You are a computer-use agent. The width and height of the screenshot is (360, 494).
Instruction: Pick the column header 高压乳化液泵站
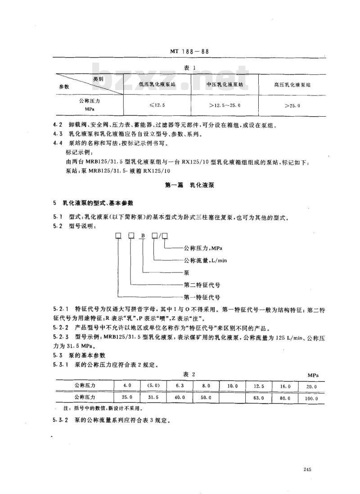(x=292, y=84)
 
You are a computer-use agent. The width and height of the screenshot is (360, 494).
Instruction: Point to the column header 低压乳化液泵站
(x=157, y=84)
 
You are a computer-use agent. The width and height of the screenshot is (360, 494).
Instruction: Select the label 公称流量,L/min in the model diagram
(x=207, y=260)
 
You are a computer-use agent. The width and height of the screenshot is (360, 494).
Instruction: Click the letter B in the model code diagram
(x=143, y=236)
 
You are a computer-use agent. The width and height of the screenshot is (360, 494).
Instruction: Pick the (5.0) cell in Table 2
(x=153, y=386)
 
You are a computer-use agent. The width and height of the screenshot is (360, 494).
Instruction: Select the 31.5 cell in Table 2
(x=153, y=398)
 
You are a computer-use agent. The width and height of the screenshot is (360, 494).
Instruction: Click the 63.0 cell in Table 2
(x=259, y=398)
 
